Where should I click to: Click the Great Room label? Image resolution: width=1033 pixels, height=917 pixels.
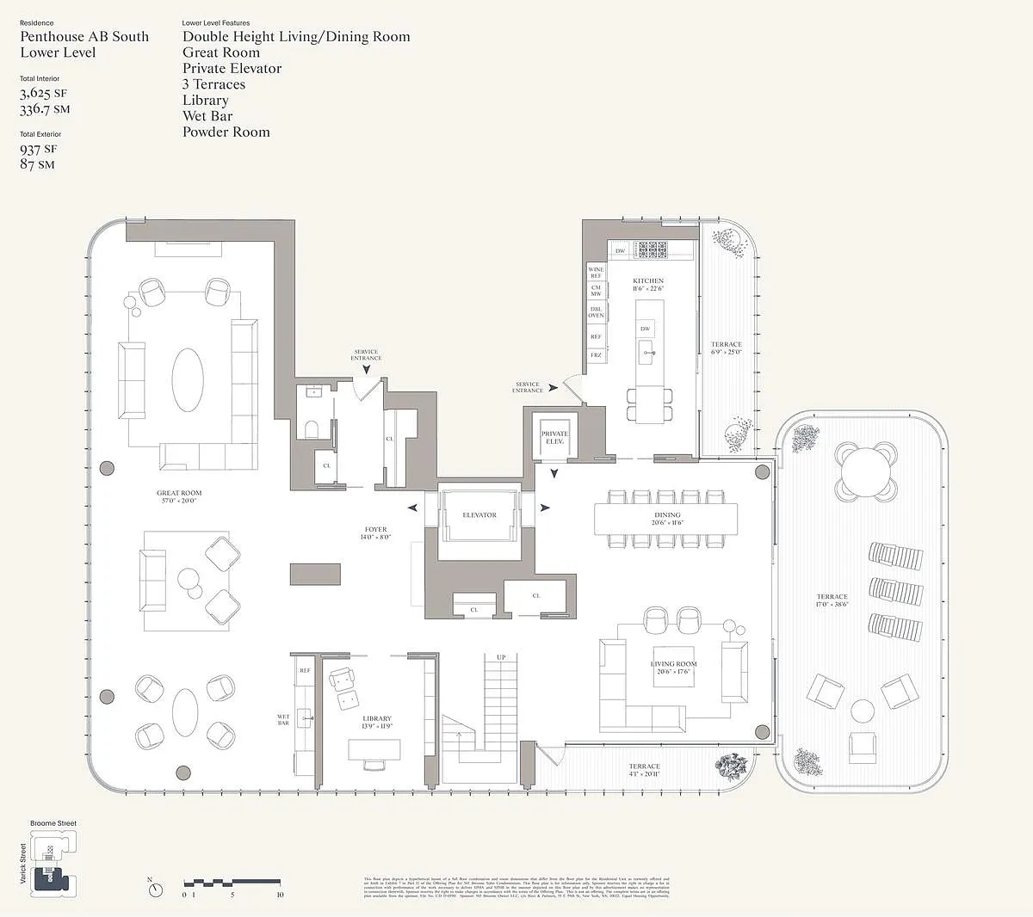click(179, 494)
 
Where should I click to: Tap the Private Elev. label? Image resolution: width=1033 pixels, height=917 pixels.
click(554, 437)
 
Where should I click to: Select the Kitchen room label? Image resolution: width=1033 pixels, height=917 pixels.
click(648, 281)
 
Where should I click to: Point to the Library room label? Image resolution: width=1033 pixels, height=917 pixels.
click(377, 718)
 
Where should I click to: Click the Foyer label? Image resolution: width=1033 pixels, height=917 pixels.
click(376, 530)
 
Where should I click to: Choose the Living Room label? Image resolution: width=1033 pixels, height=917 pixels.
click(674, 664)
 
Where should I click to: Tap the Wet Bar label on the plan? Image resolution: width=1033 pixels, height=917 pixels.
click(283, 719)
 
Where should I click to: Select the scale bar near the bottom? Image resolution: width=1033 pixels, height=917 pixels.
click(232, 883)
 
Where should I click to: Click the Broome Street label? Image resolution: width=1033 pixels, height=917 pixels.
click(53, 823)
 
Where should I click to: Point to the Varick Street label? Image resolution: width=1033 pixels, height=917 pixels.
click(23, 863)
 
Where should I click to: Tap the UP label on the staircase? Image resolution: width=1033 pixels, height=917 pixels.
click(501, 657)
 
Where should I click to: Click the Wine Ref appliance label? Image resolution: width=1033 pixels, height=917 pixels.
click(596, 273)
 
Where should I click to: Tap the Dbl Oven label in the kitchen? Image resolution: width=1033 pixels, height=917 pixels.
click(596, 311)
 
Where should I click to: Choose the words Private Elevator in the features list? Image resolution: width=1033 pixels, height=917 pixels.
click(232, 68)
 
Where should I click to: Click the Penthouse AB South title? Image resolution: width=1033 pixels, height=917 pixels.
click(84, 36)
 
